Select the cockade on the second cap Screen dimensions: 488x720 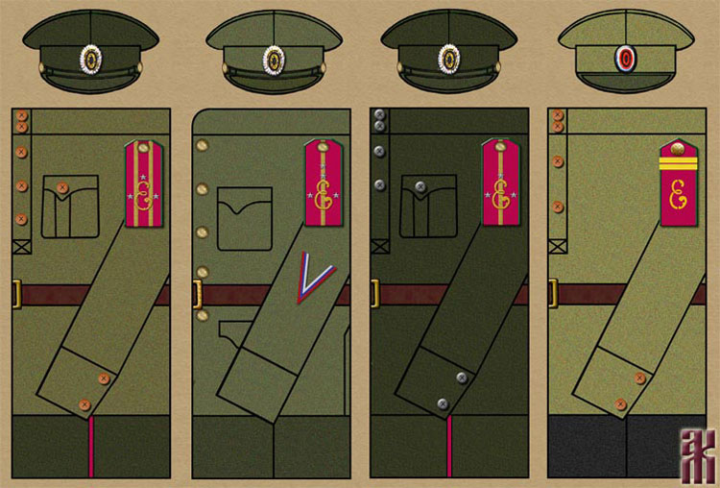click(274, 60)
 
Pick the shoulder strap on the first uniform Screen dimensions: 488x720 click(143, 183)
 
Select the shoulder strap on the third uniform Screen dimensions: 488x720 click(500, 183)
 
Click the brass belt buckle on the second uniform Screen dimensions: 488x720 click(197, 295)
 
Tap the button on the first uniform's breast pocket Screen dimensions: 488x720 click(63, 187)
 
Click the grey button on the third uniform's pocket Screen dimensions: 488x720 click(420, 187)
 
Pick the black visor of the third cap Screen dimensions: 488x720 click(450, 83)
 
